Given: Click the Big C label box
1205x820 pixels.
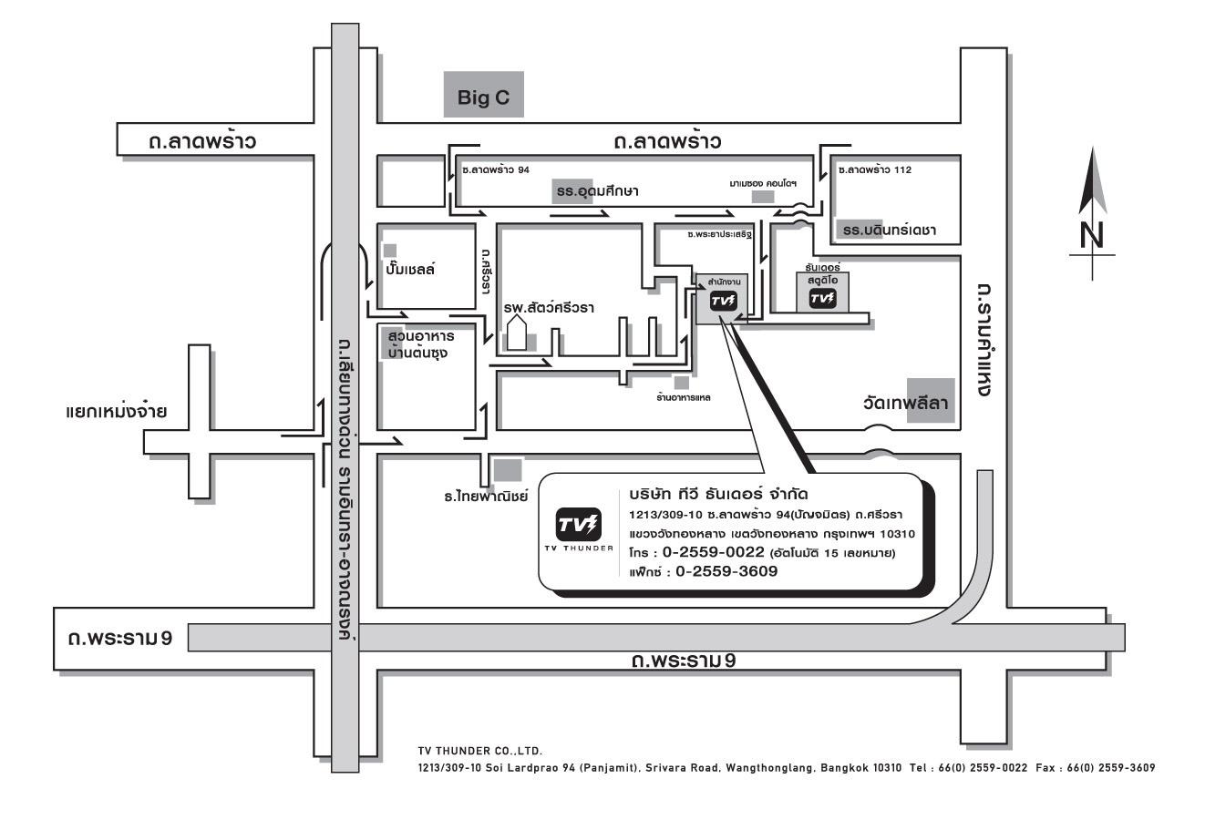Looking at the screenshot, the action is point(483,94).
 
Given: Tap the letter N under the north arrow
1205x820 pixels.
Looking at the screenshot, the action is point(1091,235).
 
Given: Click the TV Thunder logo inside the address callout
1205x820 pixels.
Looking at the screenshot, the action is point(578,524).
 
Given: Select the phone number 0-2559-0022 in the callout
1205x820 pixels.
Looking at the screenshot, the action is point(713,552).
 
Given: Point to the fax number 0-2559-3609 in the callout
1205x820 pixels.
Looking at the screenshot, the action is point(726,571).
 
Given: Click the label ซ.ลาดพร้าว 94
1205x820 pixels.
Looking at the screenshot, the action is point(496,169).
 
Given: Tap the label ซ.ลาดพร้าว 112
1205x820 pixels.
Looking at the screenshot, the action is point(875,169).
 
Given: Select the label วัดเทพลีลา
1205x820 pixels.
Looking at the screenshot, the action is point(905,403).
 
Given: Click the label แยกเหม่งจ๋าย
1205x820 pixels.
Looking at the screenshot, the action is point(116,411).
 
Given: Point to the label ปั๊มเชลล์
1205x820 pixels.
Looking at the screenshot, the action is point(410,268).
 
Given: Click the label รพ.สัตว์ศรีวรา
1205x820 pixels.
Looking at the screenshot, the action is point(549,307).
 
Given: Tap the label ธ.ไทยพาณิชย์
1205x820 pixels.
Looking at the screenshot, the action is point(486,496).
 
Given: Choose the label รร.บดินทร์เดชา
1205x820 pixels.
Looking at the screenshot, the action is point(890,231).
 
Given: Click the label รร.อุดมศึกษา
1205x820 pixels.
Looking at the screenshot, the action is point(597,191).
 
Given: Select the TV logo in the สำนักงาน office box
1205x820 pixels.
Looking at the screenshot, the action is point(723,301).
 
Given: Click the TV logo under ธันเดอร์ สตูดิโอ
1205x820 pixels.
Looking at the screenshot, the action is point(822,299).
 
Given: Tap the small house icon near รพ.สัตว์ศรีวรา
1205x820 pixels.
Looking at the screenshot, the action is point(517,333).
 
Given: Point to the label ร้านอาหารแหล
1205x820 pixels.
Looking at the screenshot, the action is point(684,398).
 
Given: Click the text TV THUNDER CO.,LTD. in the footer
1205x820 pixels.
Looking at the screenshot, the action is point(479,751).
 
